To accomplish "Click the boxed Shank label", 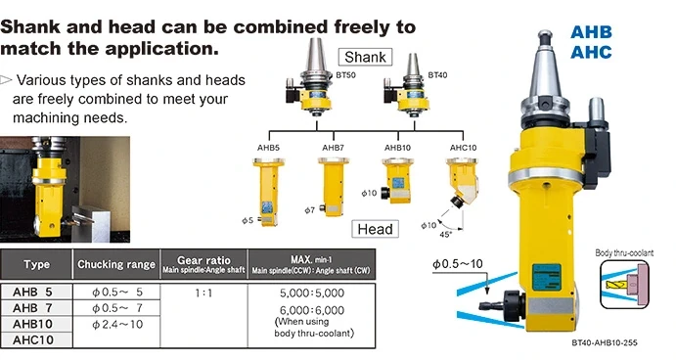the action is [365, 57].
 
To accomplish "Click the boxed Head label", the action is [375, 229].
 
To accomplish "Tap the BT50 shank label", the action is [345, 75].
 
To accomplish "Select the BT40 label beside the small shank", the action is [437, 75].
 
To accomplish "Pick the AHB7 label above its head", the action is [333, 148].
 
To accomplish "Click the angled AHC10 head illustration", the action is [462, 183].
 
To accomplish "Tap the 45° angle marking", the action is [445, 235].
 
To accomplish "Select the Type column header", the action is [36, 264].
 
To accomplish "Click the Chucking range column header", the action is [116, 264].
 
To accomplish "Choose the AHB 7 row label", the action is [32, 308].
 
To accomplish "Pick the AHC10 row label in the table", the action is [32, 339].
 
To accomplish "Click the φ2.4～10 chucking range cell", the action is [116, 324].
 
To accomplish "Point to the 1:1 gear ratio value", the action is [203, 293].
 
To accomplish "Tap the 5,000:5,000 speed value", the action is [312, 293].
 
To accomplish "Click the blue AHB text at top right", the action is [591, 32].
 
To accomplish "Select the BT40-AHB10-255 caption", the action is [605, 343].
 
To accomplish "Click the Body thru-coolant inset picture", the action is [624, 284].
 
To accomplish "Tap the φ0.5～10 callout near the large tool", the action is [458, 264].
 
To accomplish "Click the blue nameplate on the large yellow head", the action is [547, 277].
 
